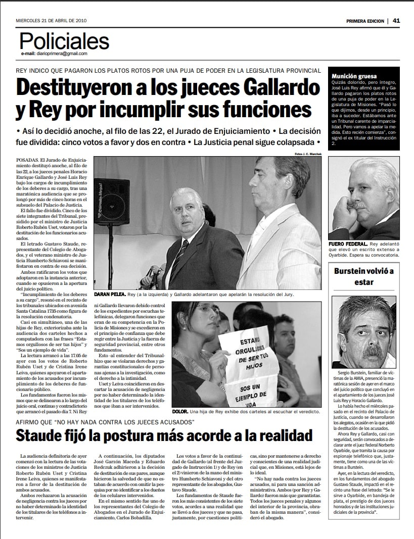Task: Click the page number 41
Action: pyautogui.click(x=396, y=21)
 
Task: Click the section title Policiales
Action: pyautogui.click(x=64, y=41)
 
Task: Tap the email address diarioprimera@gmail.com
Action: pyautogui.click(x=54, y=54)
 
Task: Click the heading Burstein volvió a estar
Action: pyautogui.click(x=364, y=276)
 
